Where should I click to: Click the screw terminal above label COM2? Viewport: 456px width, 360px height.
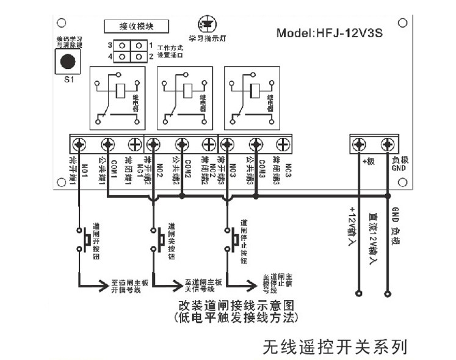click(x=181, y=145)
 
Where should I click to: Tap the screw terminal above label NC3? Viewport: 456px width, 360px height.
click(x=282, y=145)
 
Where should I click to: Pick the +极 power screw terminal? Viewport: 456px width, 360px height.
click(x=360, y=145)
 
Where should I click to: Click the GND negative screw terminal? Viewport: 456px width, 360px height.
click(x=387, y=145)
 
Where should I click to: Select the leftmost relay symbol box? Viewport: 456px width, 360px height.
click(x=117, y=96)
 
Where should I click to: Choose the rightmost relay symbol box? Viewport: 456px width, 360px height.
click(x=252, y=96)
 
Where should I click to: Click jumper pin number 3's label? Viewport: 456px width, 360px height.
click(x=110, y=46)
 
